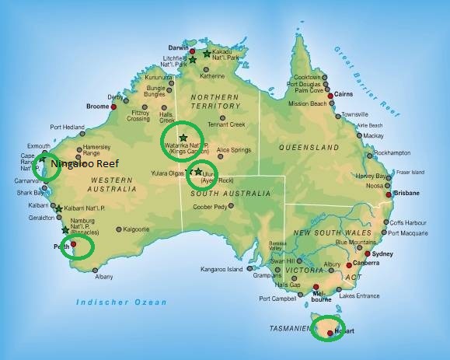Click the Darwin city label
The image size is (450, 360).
coord(179,48)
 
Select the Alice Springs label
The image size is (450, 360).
coord(234,149)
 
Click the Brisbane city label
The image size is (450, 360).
coord(406,192)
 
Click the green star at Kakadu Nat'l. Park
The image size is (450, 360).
coord(207,54)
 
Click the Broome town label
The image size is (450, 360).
coord(97,106)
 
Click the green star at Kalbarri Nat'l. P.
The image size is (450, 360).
coord(59,208)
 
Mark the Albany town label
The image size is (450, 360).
coord(103,277)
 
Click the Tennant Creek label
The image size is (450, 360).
coord(226,124)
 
